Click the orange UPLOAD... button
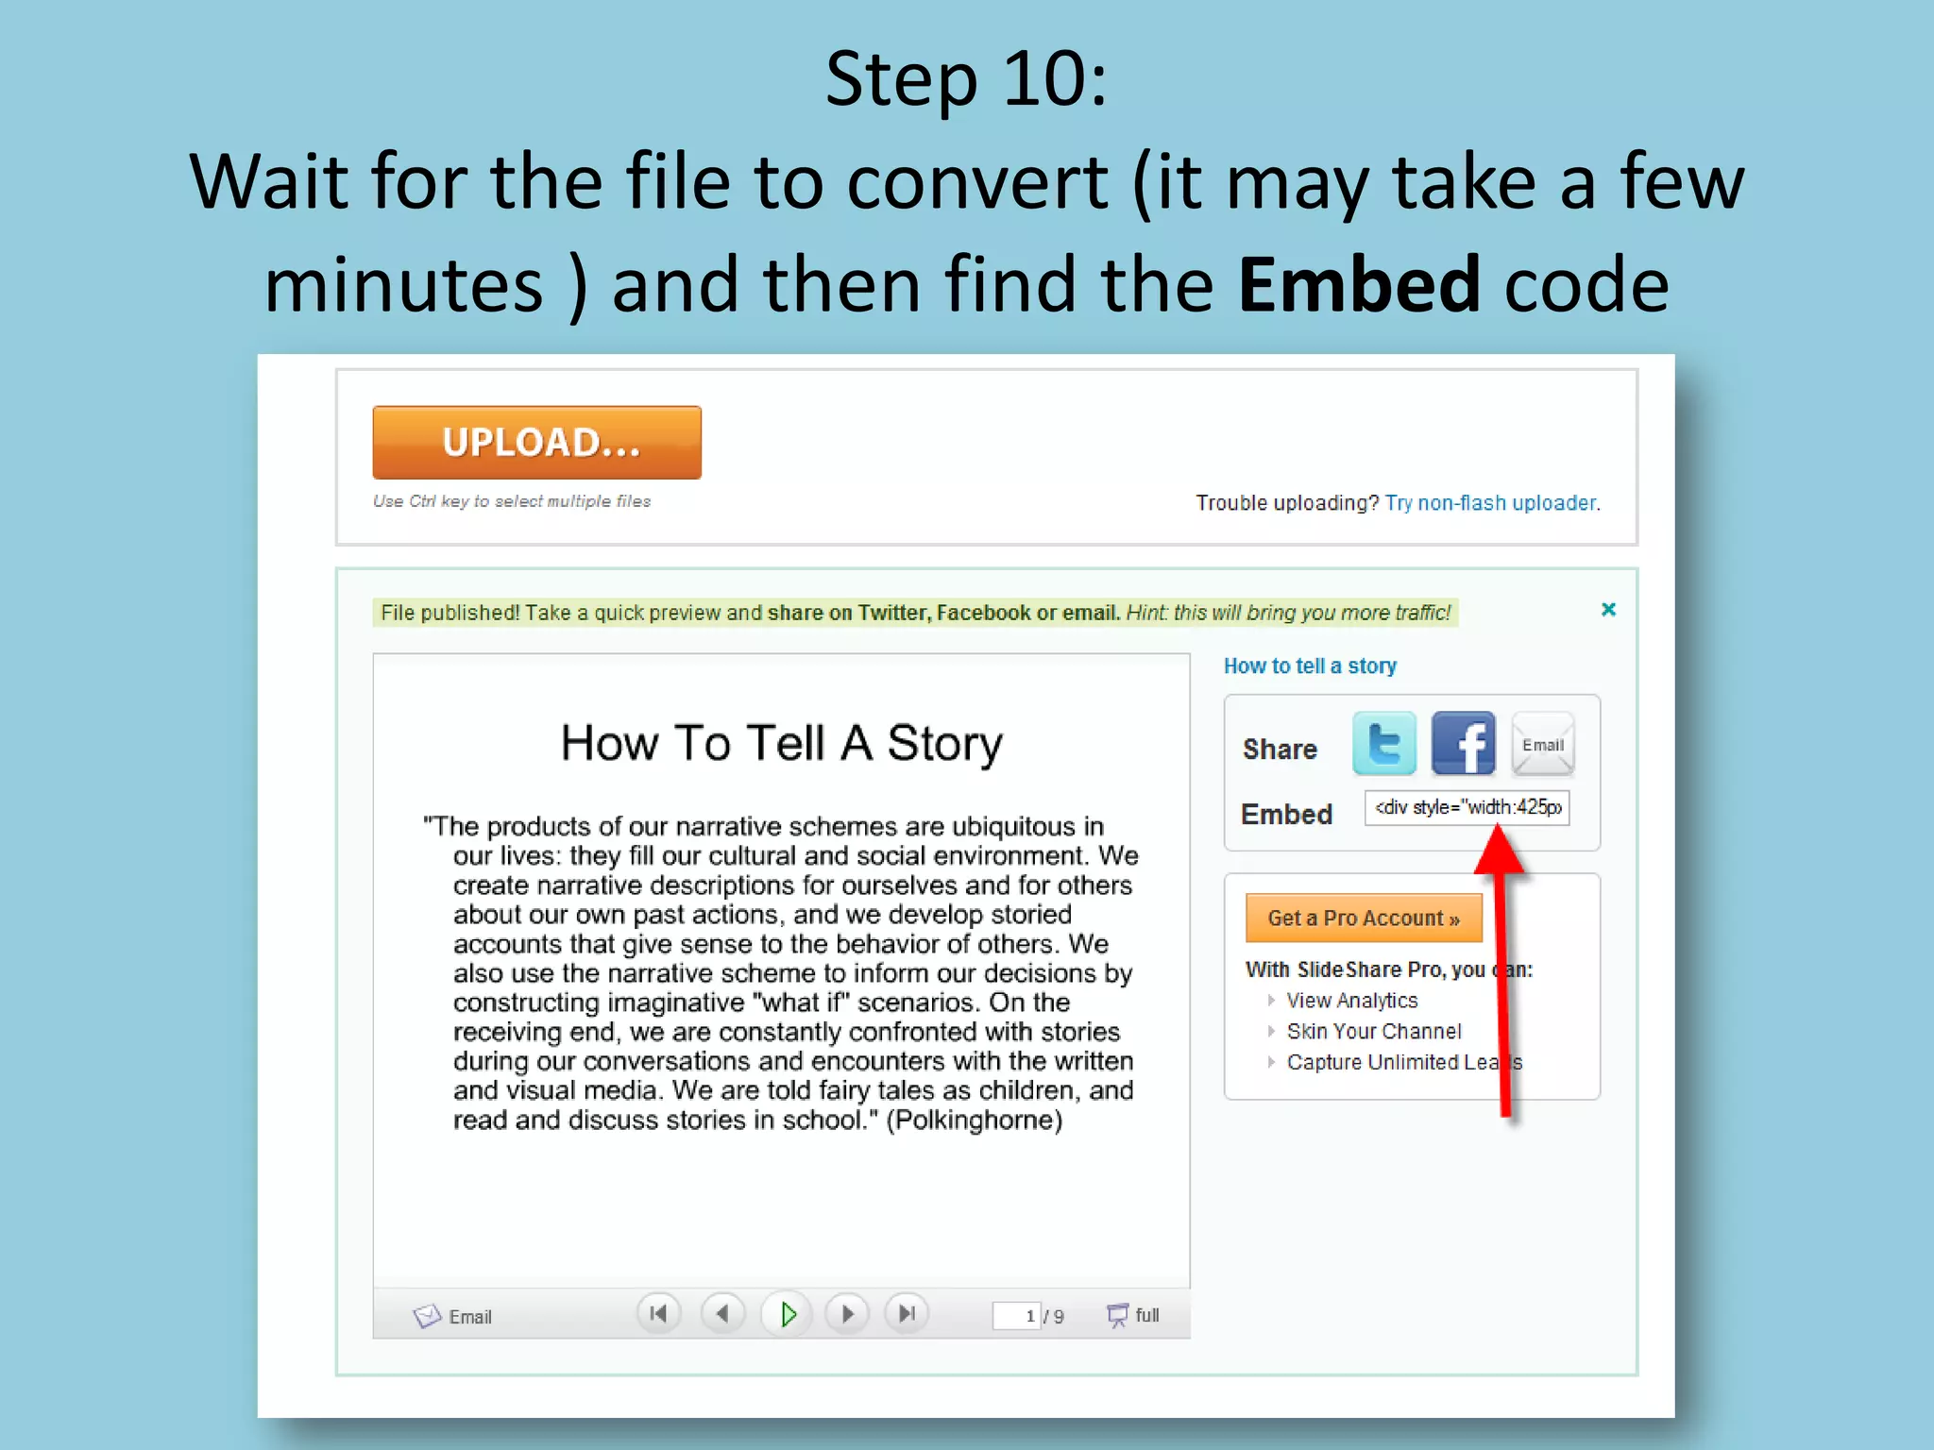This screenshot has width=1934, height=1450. pyautogui.click(x=536, y=443)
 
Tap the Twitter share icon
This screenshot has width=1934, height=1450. pyautogui.click(x=1383, y=744)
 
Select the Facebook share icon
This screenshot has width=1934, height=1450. pyautogui.click(x=1463, y=744)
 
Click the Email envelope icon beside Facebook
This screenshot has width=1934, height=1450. pyautogui.click(x=1542, y=744)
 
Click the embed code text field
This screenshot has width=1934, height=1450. pyautogui.click(x=1467, y=808)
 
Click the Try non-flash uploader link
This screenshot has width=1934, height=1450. pyautogui.click(x=1491, y=503)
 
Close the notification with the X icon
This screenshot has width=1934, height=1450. pyautogui.click(x=1608, y=610)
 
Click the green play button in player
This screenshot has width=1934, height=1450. pyautogui.click(x=787, y=1314)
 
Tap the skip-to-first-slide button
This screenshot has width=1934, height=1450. pyautogui.click(x=658, y=1314)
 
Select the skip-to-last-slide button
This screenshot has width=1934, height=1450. pyautogui.click(x=907, y=1314)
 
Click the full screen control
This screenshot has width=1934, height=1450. pyautogui.click(x=1133, y=1315)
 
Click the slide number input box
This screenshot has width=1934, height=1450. pyautogui.click(x=1016, y=1315)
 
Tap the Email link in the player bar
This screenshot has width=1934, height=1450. pyautogui.click(x=453, y=1316)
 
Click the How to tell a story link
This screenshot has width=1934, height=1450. pyautogui.click(x=1310, y=666)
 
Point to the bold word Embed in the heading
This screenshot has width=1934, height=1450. pyautogui.click(x=1359, y=285)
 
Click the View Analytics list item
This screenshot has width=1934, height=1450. pyautogui.click(x=1351, y=1001)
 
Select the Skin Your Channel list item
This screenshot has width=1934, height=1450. pyautogui.click(x=1373, y=1032)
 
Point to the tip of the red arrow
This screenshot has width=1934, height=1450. pyautogui.click(x=1498, y=828)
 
